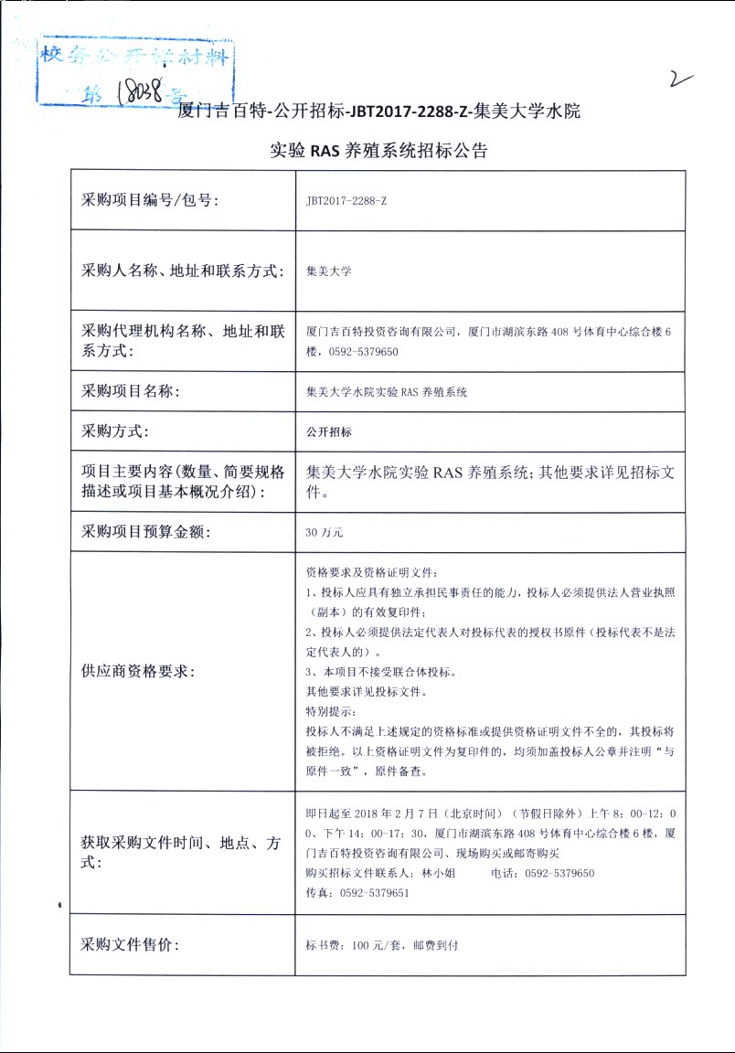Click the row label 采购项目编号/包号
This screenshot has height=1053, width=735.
click(x=151, y=199)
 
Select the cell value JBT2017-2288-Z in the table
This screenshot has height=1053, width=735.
click(x=346, y=200)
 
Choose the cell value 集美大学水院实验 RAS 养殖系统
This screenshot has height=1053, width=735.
click(x=387, y=392)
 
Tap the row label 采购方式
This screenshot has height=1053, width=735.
click(x=116, y=431)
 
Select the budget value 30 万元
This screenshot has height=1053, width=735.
click(x=325, y=530)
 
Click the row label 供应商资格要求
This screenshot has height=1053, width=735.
click(x=137, y=671)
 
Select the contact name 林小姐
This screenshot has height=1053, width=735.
click(x=439, y=873)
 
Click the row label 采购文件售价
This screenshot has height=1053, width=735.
click(x=131, y=944)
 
